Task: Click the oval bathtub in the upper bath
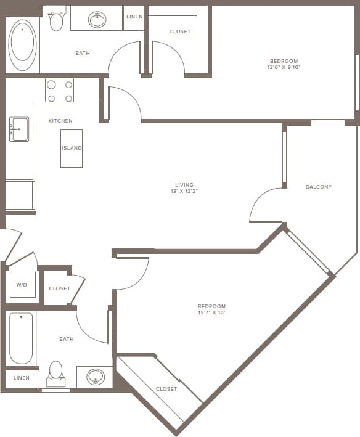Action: pyautogui.click(x=23, y=41)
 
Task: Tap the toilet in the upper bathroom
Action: pyautogui.click(x=56, y=21)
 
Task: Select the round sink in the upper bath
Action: pyautogui.click(x=97, y=20)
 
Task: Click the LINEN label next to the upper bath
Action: pyautogui.click(x=134, y=17)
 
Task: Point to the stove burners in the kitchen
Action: pyautogui.click(x=60, y=91)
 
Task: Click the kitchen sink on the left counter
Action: pyautogui.click(x=18, y=129)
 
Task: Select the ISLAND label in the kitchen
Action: pyautogui.click(x=72, y=148)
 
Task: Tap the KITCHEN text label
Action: pyautogui.click(x=60, y=121)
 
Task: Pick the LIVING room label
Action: pyautogui.click(x=184, y=185)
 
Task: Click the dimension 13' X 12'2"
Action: pyautogui.click(x=184, y=192)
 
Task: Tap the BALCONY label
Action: pyautogui.click(x=319, y=187)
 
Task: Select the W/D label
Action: pyautogui.click(x=22, y=285)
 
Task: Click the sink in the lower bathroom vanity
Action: pyautogui.click(x=95, y=376)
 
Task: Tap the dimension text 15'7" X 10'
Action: pyautogui.click(x=211, y=313)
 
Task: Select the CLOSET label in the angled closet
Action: pyautogui.click(x=166, y=389)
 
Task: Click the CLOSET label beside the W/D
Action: pyautogui.click(x=60, y=288)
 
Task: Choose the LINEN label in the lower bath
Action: pyautogui.click(x=21, y=378)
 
